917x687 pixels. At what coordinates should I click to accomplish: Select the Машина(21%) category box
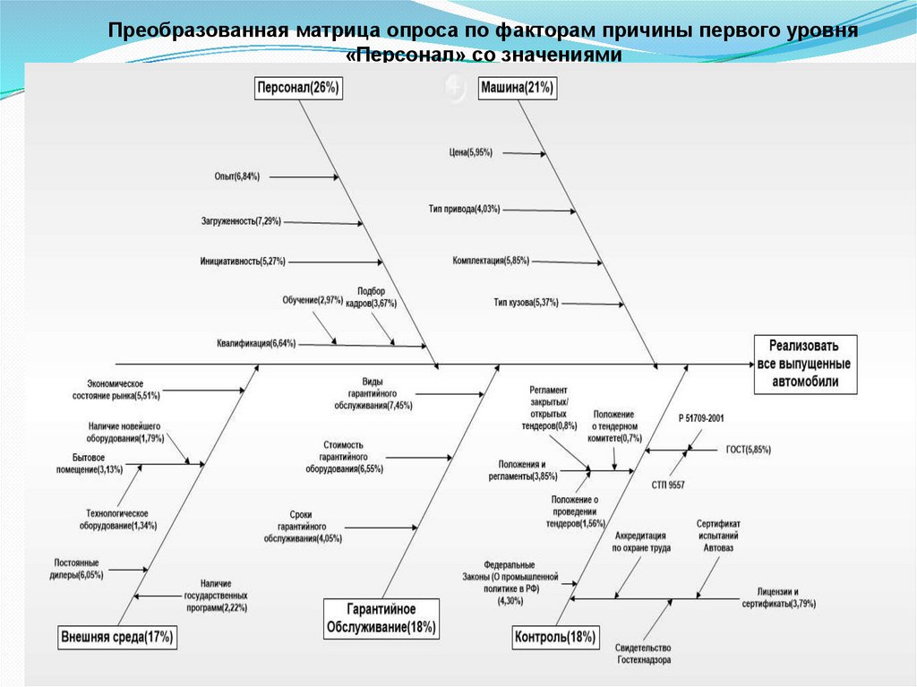(517, 88)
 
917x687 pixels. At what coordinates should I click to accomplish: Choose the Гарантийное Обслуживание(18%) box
(381, 617)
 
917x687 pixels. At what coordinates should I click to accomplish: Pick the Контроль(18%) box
(555, 638)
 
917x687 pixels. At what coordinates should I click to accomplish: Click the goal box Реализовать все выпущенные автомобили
(804, 365)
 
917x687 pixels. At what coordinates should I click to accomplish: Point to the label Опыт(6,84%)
(237, 177)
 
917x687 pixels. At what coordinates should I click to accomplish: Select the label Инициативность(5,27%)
(243, 262)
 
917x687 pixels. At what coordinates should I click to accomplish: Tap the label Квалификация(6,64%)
(256, 343)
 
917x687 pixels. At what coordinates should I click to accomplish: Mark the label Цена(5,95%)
(471, 153)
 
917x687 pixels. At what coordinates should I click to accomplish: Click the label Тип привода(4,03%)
(465, 210)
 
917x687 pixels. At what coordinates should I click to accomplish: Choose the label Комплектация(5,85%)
(491, 261)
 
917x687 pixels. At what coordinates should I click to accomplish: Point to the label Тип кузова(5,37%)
(526, 303)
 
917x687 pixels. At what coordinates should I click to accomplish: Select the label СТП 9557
(668, 485)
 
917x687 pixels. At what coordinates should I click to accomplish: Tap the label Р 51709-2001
(701, 418)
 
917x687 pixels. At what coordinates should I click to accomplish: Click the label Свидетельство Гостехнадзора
(643, 654)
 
